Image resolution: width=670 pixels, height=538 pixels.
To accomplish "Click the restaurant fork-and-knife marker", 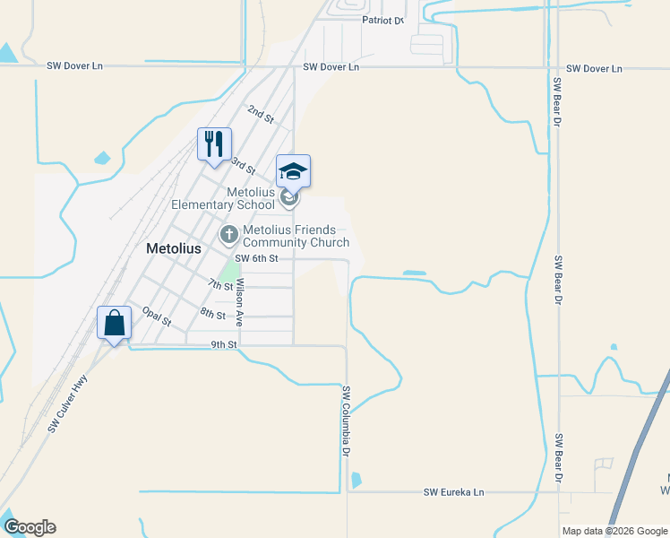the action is click(x=214, y=144).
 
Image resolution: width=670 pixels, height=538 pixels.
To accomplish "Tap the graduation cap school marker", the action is click(x=293, y=171).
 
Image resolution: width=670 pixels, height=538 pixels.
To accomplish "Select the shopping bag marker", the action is click(x=115, y=324).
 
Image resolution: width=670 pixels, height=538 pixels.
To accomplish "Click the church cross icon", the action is click(x=229, y=235).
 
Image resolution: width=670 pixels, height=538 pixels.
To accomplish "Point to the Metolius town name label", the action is click(x=173, y=248).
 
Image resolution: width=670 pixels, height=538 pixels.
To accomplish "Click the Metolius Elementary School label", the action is click(x=224, y=198).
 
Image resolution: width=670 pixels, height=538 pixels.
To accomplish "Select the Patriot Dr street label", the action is click(x=383, y=19).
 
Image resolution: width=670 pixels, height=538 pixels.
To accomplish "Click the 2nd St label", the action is click(x=260, y=113).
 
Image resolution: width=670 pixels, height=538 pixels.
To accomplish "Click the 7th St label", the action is click(x=219, y=285).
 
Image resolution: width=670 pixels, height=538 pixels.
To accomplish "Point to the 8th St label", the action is click(x=212, y=313).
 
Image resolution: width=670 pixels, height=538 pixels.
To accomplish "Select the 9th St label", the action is click(x=224, y=344).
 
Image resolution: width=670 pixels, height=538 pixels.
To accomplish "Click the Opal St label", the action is click(x=156, y=315).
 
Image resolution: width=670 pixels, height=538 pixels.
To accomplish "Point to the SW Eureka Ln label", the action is click(x=453, y=492).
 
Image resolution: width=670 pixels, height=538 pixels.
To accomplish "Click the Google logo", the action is click(x=30, y=527).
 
